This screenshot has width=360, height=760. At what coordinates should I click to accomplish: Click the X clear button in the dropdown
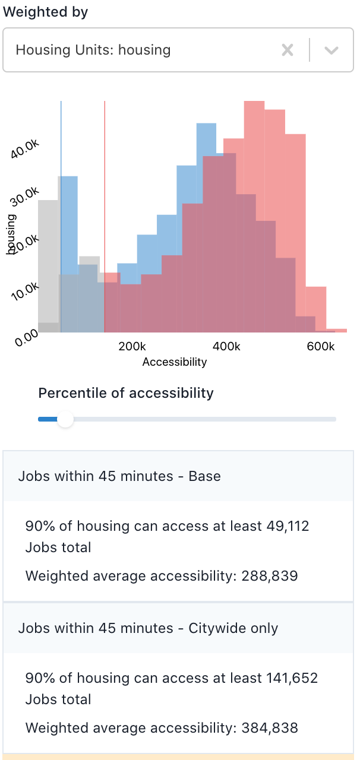288,50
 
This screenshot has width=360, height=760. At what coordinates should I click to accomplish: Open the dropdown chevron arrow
331,50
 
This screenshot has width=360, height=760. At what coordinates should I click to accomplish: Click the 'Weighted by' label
46,12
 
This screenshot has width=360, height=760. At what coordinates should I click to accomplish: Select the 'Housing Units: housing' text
93,50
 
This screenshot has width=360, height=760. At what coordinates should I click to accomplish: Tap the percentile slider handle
65,419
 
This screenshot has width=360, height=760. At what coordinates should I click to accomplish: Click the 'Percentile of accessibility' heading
126,393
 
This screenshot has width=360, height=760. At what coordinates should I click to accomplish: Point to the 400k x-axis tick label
226,346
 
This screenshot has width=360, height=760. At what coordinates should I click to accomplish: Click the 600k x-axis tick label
321,346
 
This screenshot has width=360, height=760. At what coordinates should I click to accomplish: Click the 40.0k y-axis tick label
25,148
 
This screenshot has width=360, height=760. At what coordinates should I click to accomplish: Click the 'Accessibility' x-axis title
175,362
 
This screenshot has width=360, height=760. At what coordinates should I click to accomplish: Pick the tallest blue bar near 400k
206,137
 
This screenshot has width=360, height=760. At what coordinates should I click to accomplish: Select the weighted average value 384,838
269,727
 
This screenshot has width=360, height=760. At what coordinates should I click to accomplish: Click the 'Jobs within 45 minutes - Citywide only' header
148,628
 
